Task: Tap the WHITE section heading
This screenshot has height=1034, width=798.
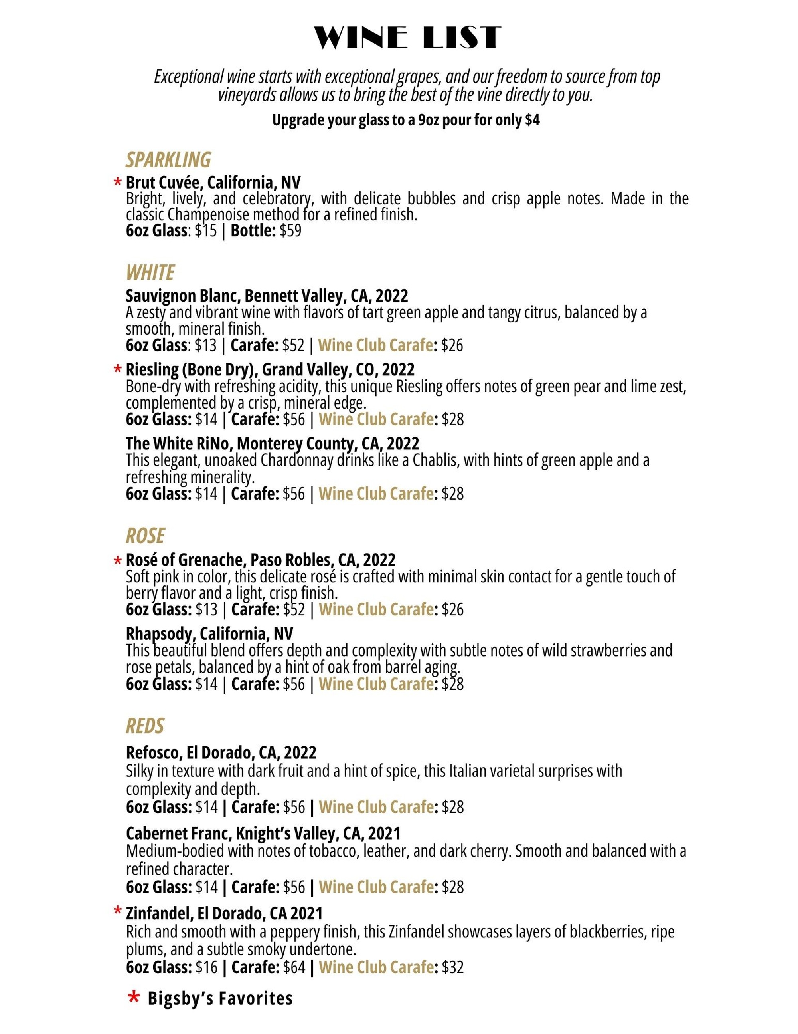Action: click(150, 273)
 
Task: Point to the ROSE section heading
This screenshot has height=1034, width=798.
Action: click(145, 536)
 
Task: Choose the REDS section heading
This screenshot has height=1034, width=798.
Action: click(145, 726)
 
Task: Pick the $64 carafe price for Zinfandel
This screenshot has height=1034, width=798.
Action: click(294, 967)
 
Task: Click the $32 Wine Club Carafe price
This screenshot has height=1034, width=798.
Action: click(453, 967)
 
